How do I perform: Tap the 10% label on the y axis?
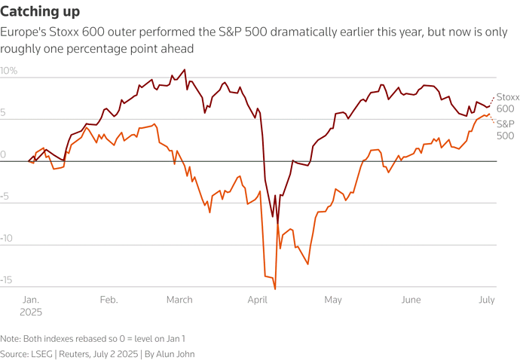9,71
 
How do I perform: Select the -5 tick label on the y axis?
8,197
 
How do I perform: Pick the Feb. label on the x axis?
109,300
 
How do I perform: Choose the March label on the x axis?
179,300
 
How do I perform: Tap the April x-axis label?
259,300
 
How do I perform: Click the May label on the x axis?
332,300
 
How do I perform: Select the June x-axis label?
411,300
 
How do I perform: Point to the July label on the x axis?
485,300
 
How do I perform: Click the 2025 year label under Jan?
32,312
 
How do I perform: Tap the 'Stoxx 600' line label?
506,103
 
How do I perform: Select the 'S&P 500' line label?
505,130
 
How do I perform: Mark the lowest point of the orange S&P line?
275,288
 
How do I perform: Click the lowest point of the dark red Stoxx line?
277,224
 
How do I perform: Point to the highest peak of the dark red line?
185,71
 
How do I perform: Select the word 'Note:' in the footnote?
11,338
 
